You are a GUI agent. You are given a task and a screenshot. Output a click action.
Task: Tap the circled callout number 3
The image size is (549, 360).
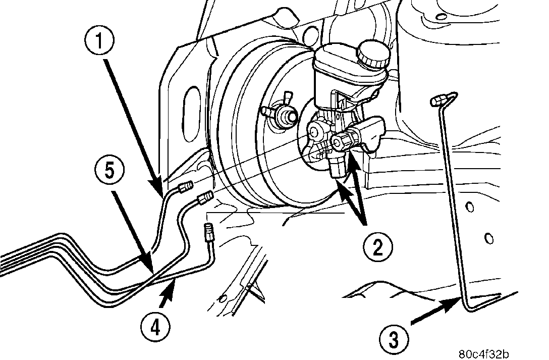coord(393,339)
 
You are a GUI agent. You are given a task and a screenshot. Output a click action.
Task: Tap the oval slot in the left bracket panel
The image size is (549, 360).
coord(193,106)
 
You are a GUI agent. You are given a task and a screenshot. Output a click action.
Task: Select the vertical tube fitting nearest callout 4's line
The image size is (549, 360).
coord(209,233)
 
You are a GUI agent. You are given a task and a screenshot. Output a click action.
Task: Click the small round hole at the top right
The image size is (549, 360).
coord(441,18)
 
